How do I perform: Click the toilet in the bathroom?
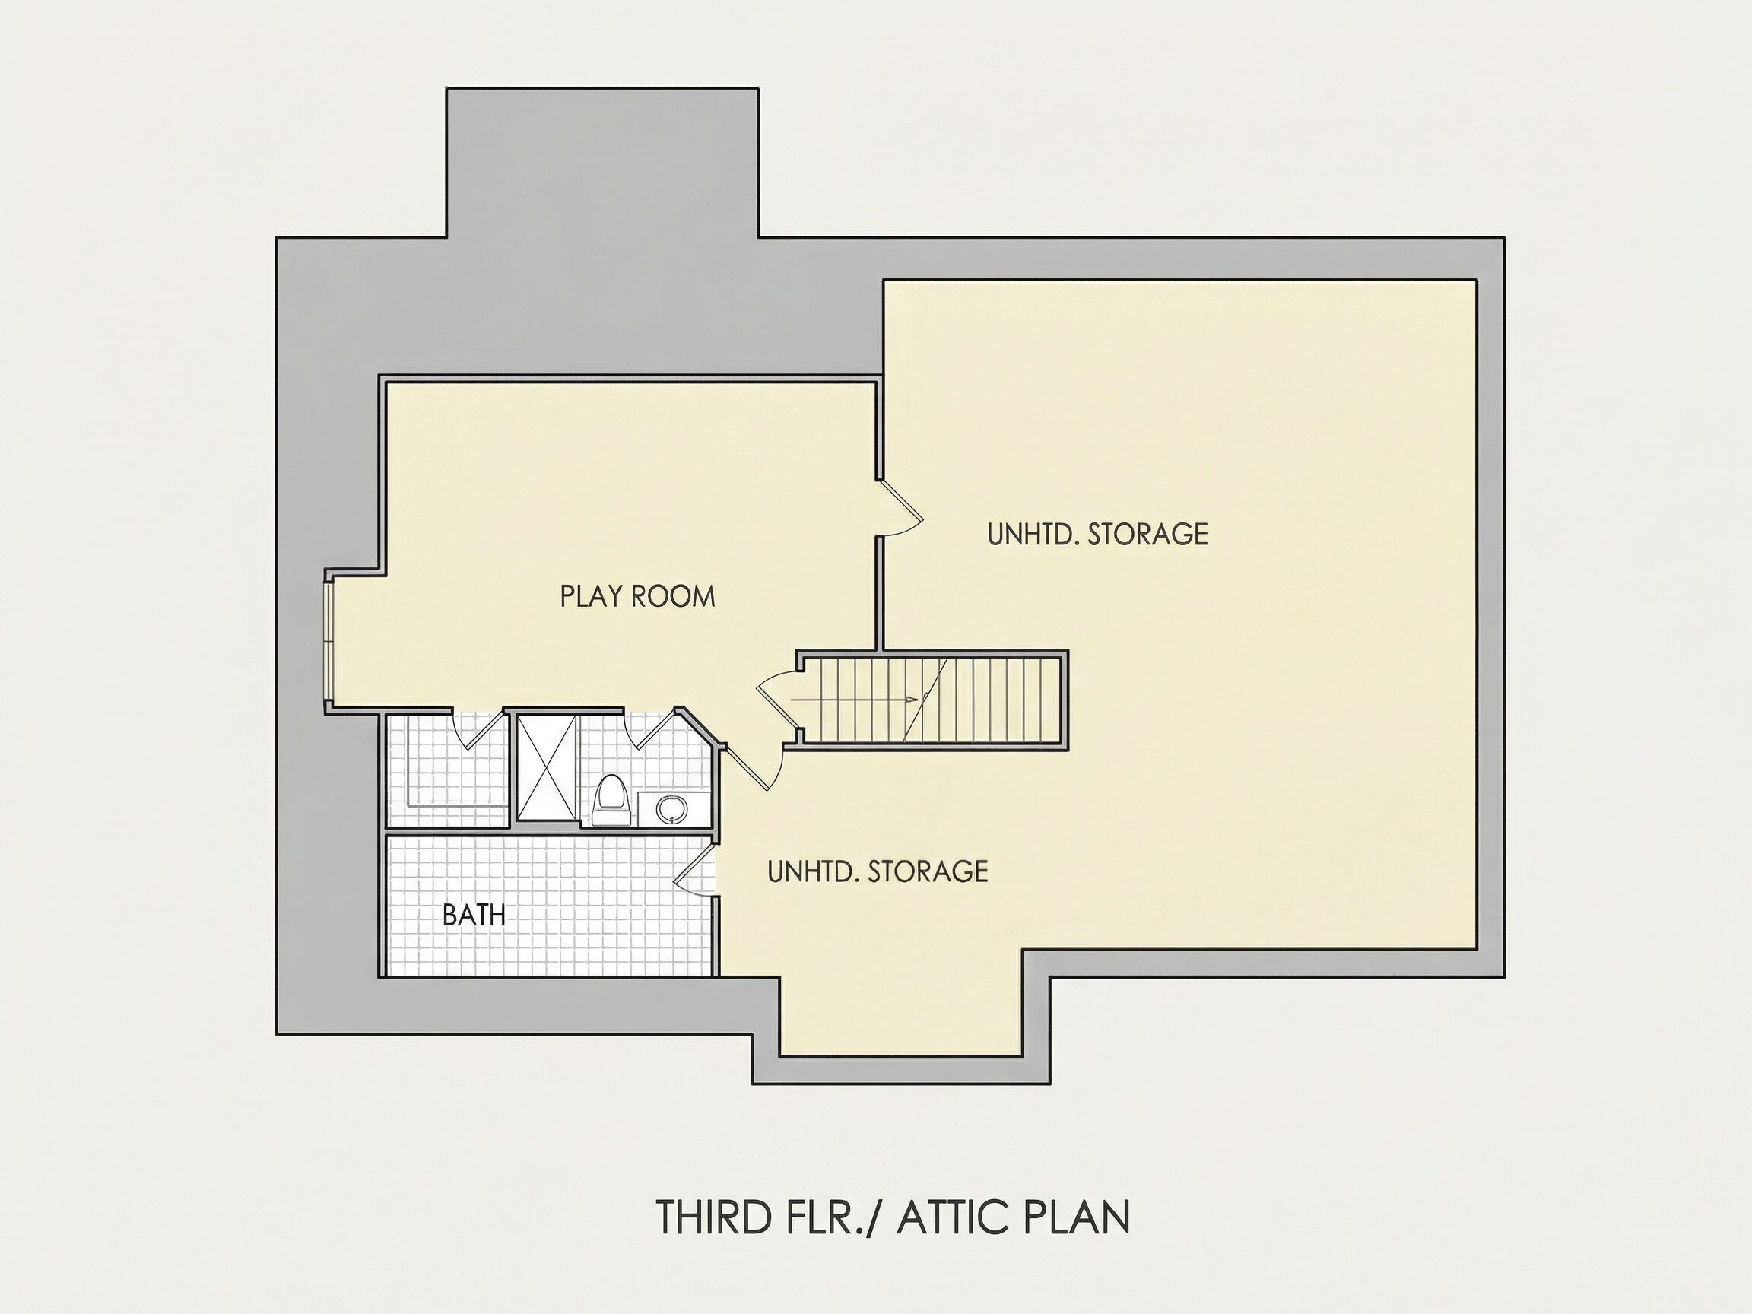(x=610, y=801)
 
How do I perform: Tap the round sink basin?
(x=672, y=808)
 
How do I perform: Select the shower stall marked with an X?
(x=547, y=767)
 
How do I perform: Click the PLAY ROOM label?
(x=637, y=596)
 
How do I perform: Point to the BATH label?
(x=474, y=916)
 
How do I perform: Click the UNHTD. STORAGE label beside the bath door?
(x=878, y=872)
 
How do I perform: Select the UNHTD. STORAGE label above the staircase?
(x=1098, y=535)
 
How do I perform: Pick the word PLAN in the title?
(x=1074, y=1217)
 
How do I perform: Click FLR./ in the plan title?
(x=832, y=1217)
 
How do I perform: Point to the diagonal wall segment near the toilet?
(x=702, y=725)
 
